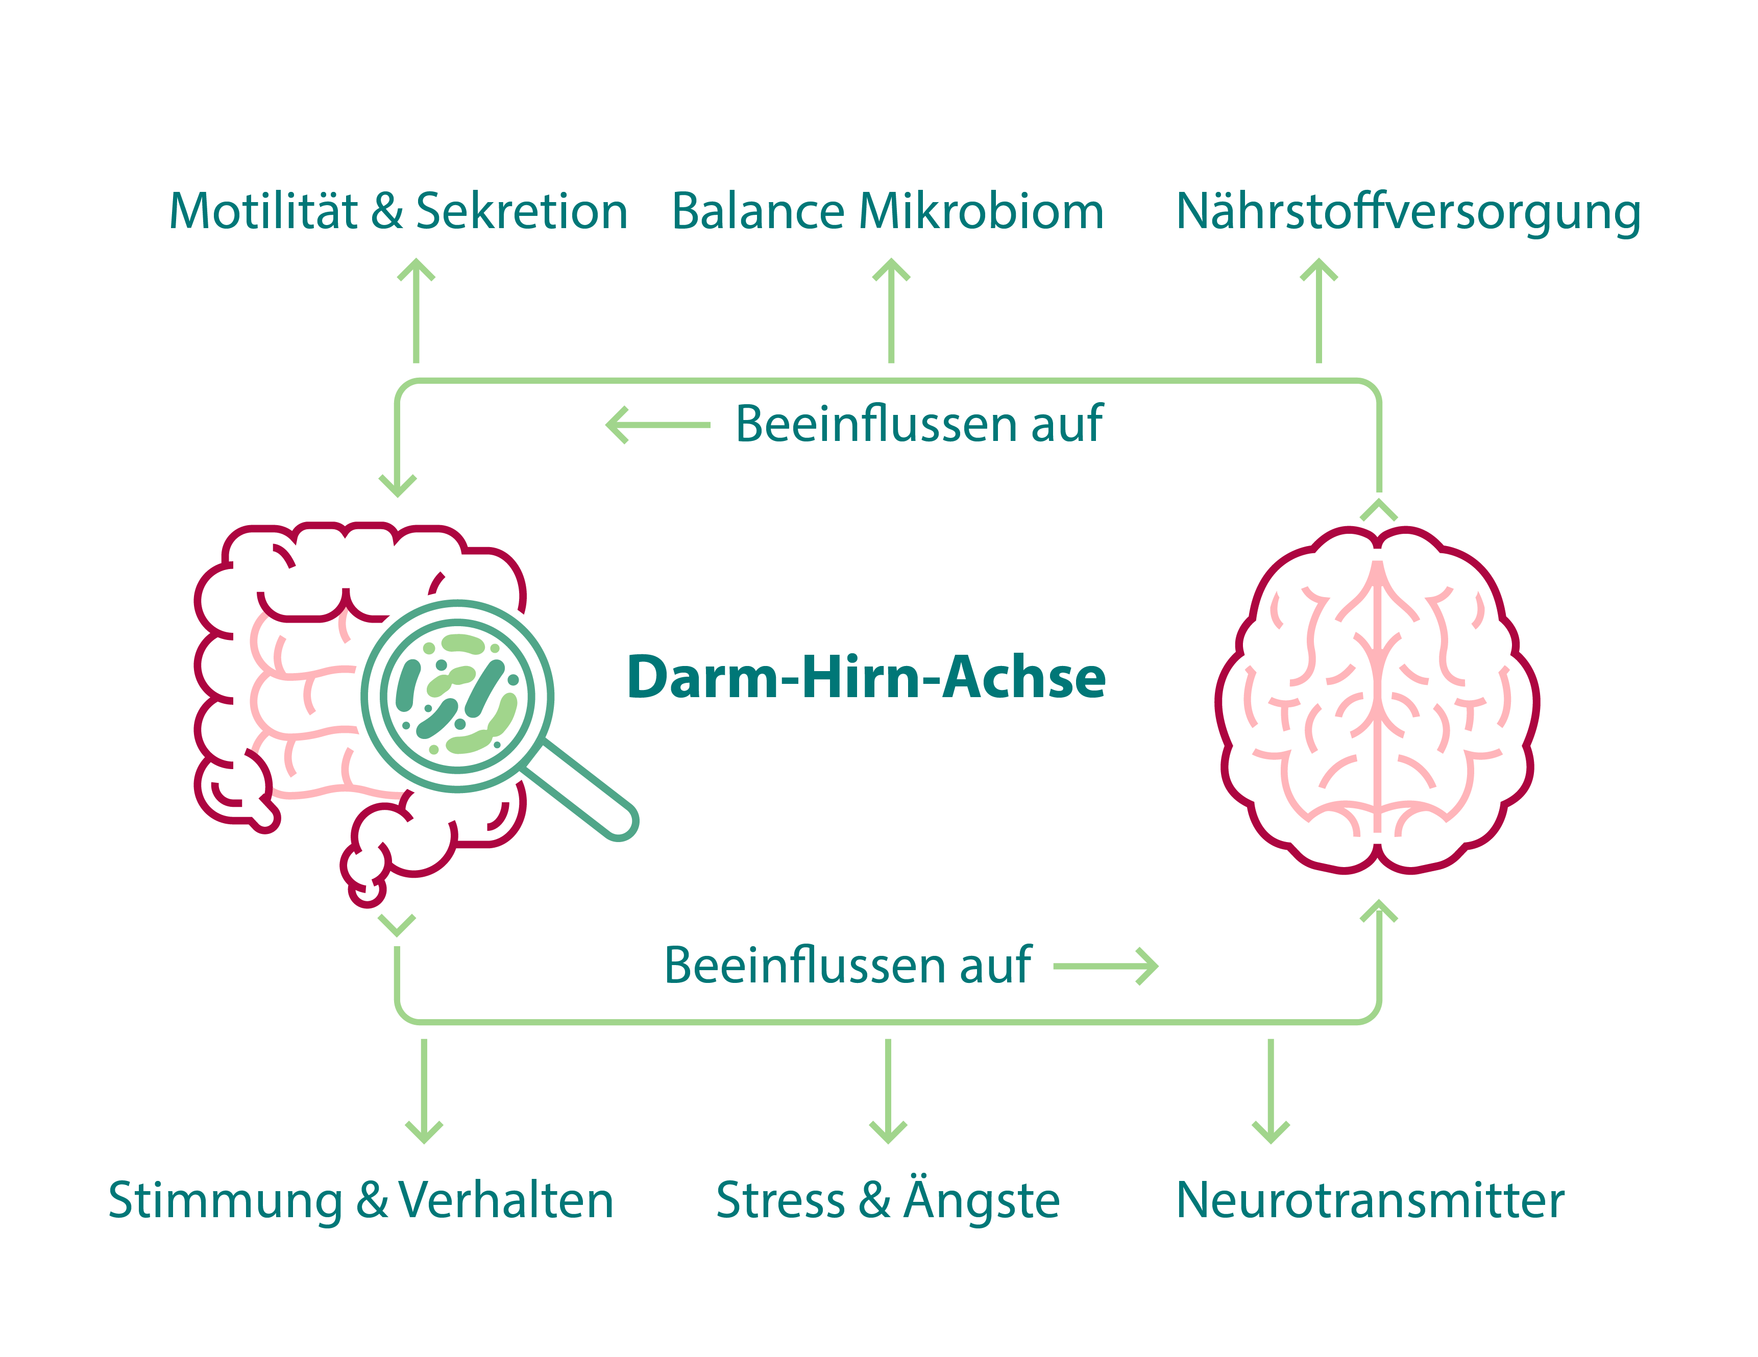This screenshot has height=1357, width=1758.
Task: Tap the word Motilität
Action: (263, 212)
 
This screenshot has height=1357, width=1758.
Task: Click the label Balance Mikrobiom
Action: (887, 212)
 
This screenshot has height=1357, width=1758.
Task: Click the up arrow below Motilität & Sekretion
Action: (416, 310)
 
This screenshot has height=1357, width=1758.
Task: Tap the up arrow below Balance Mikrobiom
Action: (891, 310)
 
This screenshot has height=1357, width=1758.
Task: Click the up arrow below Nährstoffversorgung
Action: (1318, 310)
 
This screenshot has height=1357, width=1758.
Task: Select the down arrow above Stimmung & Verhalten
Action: (424, 1091)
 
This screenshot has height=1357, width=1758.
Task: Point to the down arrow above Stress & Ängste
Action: (888, 1091)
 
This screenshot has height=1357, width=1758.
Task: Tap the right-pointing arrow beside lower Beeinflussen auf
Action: (1105, 966)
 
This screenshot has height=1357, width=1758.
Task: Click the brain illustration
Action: (1377, 700)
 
